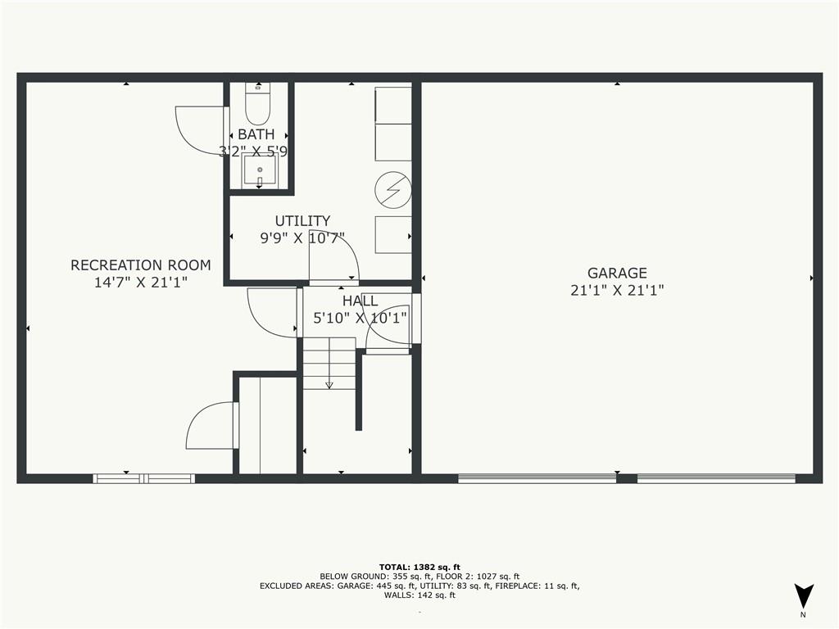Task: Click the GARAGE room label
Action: click(617, 273)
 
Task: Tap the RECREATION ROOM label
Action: click(141, 265)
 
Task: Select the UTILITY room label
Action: click(302, 220)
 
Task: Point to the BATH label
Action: click(256, 134)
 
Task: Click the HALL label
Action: click(361, 301)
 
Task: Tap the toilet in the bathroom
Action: click(258, 104)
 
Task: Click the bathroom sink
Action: click(260, 170)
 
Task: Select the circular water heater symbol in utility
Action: click(392, 190)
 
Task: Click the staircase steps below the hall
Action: click(329, 363)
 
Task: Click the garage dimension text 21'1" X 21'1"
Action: click(617, 291)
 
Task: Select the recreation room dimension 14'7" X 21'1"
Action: click(141, 283)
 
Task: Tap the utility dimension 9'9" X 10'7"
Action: click(302, 238)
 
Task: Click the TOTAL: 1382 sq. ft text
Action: click(419, 567)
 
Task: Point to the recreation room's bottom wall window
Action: click(143, 478)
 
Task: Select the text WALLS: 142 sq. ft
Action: click(419, 595)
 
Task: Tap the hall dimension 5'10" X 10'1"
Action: click(361, 319)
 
